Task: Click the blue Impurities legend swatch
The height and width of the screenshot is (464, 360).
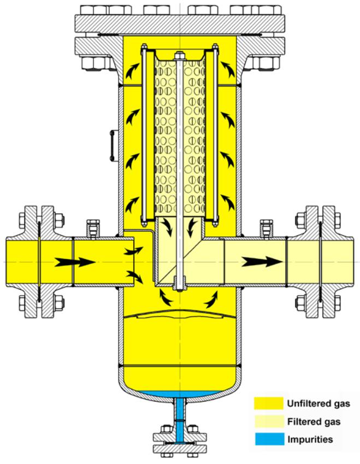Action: coord(268,439)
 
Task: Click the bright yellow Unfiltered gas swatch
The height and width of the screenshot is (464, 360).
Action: coord(268,404)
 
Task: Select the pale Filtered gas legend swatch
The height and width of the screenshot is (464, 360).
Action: coord(268,421)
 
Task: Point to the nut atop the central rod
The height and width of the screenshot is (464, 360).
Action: coord(179,55)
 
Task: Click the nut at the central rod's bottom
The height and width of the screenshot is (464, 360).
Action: coord(179,285)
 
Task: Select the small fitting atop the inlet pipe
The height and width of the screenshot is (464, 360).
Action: coord(92,226)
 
